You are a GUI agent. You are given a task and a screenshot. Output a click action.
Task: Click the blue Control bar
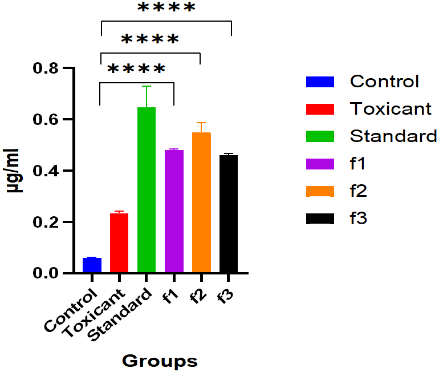click(x=92, y=266)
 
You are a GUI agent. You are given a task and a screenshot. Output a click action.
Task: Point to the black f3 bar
click(x=229, y=215)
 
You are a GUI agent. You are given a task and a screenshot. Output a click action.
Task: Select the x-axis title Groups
click(x=160, y=361)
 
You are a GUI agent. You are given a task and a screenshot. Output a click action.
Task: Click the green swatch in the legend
click(x=320, y=136)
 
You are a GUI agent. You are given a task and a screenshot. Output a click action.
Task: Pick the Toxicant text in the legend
click(x=391, y=108)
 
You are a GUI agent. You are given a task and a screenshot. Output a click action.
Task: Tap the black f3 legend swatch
click(x=320, y=218)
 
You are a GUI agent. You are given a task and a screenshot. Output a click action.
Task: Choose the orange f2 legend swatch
click(x=320, y=191)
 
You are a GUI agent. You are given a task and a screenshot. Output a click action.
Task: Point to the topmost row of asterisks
click(x=166, y=9)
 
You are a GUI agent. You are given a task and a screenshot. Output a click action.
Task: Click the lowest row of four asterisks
click(x=136, y=70)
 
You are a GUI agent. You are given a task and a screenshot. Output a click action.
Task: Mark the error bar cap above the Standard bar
click(x=147, y=86)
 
